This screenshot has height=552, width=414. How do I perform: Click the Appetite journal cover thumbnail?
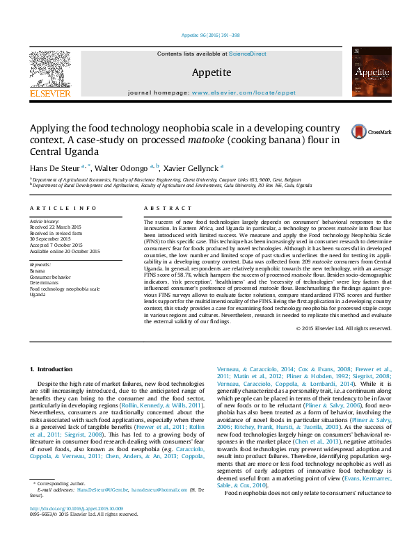tap(367, 72)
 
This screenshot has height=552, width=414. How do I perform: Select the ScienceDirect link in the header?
tap(248, 54)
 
